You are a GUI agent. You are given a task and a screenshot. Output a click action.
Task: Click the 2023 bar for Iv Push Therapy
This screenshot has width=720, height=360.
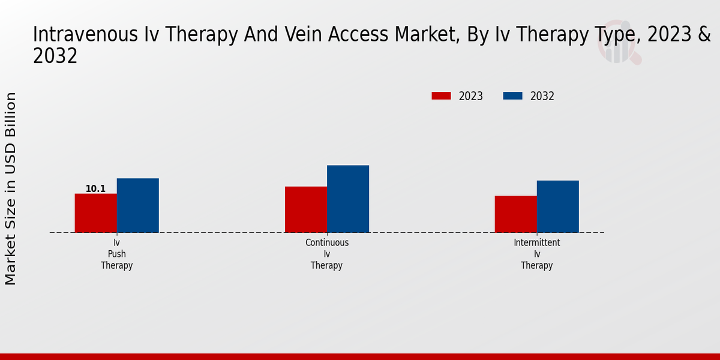tap(95, 213)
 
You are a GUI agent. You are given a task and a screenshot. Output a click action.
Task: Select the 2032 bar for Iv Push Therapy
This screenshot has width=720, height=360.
tap(137, 205)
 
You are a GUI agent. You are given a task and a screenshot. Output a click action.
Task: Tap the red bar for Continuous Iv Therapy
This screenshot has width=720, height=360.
tap(305, 209)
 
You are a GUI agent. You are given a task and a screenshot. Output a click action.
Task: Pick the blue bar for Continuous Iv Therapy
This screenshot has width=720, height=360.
tap(347, 199)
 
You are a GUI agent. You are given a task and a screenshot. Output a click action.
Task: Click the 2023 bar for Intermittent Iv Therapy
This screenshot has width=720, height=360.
tap(515, 214)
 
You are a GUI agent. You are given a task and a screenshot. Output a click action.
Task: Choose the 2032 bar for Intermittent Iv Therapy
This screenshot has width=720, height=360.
tap(557, 206)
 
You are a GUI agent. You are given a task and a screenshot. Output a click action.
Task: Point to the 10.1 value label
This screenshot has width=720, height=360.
tap(95, 189)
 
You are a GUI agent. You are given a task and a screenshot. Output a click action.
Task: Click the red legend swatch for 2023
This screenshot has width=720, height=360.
tap(441, 96)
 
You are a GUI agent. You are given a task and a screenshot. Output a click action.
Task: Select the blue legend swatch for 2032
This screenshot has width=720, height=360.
tap(512, 96)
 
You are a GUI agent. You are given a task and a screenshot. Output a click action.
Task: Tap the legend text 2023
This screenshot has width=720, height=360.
tap(471, 96)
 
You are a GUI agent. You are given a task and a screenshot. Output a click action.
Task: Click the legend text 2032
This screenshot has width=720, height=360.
tap(542, 96)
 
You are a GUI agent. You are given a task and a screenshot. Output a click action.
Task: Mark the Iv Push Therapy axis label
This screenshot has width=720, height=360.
tap(116, 254)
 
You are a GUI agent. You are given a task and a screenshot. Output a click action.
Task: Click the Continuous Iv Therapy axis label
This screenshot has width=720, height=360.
tap(326, 254)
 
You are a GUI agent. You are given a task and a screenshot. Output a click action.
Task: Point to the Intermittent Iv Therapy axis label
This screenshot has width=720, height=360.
tap(536, 254)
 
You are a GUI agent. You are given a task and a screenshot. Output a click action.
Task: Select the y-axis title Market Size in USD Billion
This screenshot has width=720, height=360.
tap(11, 188)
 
